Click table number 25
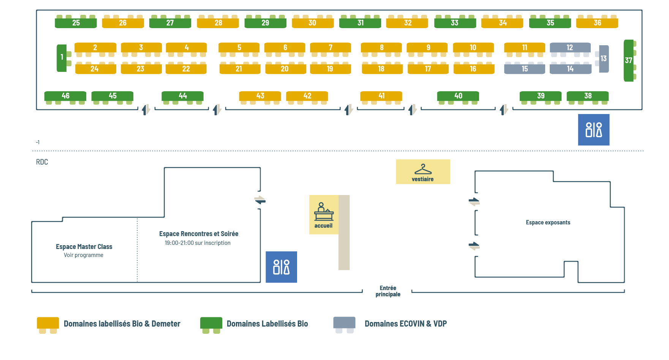click(76, 23)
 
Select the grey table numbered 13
click(604, 59)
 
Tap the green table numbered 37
click(629, 60)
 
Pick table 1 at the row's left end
click(62, 58)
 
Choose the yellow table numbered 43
click(260, 96)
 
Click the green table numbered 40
click(458, 96)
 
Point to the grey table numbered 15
click(525, 69)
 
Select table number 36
click(597, 23)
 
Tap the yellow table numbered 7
click(331, 48)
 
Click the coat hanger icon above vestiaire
click(423, 169)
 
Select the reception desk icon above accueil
click(324, 212)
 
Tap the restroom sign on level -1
click(594, 130)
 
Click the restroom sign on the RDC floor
click(281, 267)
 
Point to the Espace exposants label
click(548, 222)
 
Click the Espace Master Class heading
click(84, 247)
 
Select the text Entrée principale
click(388, 291)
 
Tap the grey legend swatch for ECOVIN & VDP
click(344, 323)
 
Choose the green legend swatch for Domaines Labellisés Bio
click(211, 323)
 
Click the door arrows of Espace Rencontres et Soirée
click(260, 200)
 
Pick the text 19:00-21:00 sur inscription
click(198, 243)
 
